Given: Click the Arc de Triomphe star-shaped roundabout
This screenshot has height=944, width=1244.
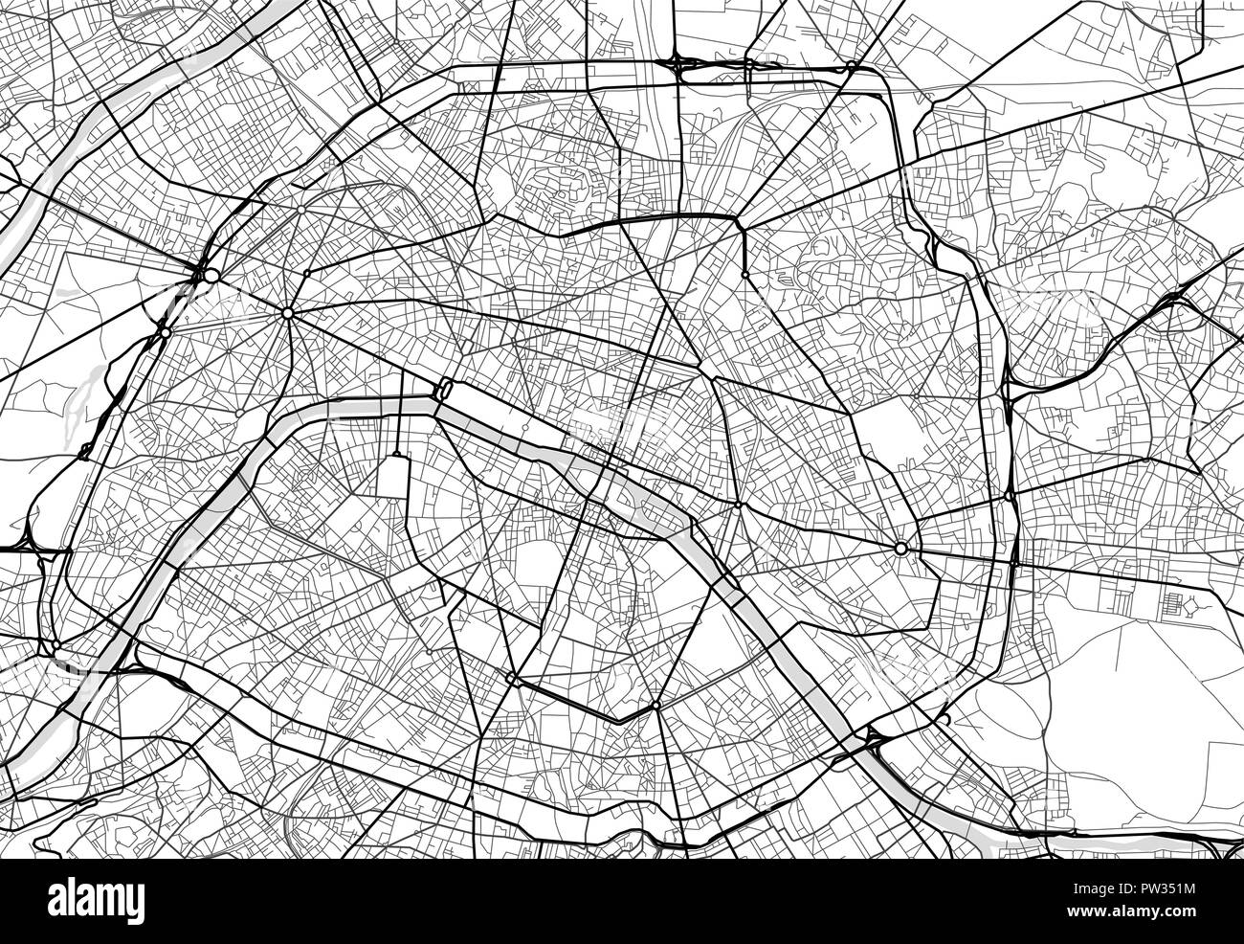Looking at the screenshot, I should click(287, 313).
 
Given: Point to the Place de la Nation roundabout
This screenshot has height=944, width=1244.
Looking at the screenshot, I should click(900, 549).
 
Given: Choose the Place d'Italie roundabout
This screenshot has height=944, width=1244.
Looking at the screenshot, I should click(655, 707).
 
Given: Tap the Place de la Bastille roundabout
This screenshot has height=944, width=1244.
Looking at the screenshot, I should click(737, 506).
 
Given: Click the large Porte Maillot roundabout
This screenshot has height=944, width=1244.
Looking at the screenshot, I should click(211, 275).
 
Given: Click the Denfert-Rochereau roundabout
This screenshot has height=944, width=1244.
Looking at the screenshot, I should click(513, 681).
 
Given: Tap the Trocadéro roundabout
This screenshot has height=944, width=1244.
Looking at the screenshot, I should click(239, 413).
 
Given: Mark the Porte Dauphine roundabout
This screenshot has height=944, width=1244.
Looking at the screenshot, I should click(165, 332).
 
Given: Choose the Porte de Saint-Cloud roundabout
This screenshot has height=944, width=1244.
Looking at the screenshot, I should click(56, 647).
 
